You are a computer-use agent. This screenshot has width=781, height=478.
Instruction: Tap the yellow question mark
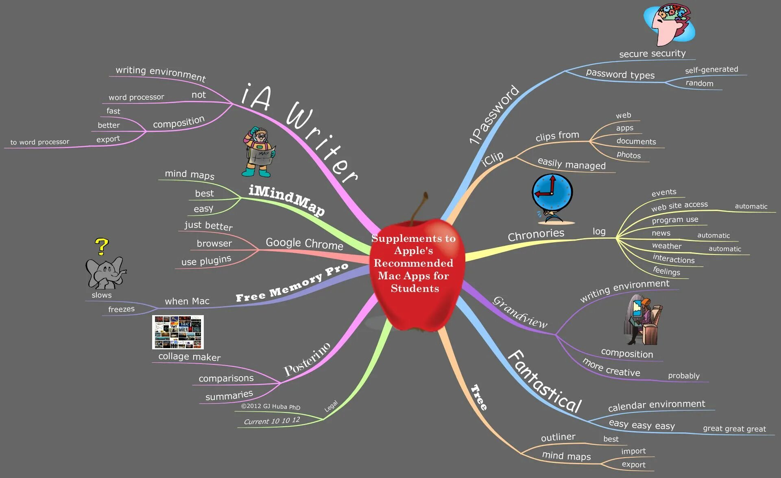[102, 246]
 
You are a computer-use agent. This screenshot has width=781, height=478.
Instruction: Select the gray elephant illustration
[105, 272]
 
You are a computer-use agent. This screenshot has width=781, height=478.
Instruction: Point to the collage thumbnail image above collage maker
[178, 332]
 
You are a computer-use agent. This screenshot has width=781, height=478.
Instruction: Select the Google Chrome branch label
[304, 243]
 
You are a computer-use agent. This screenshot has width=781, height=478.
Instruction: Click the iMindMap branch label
[287, 200]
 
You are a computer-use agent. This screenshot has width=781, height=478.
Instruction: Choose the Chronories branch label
[536, 235]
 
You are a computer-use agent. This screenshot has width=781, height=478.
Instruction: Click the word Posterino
[307, 359]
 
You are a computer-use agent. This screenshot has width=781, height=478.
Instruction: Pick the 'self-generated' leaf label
[711, 70]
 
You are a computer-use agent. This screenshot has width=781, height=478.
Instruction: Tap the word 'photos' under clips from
[628, 155]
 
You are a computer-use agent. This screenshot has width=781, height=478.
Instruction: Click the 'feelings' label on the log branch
[666, 271]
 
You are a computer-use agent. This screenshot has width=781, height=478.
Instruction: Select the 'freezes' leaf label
[121, 309]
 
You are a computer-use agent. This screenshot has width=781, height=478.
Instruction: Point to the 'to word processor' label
[40, 142]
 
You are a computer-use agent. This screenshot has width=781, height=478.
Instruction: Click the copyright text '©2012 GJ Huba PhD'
[271, 406]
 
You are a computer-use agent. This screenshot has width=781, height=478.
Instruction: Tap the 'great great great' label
[734, 429]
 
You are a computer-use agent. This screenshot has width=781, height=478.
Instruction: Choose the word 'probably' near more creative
[684, 376]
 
